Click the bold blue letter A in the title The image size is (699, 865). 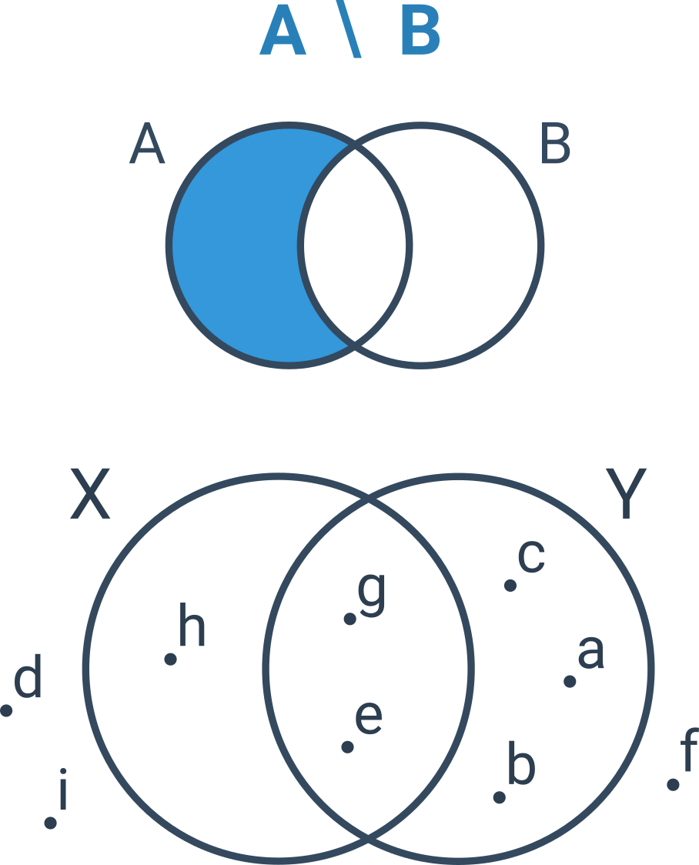pos(283,30)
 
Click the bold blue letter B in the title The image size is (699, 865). pos(420,30)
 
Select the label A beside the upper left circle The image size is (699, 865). pos(147,143)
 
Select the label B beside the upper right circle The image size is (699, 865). pos(555,143)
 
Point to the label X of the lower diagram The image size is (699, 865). pos(91,494)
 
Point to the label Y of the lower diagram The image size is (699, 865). pos(626,493)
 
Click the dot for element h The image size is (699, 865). pos(170,659)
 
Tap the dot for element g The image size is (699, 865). pos(349,619)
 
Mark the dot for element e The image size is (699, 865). pos(347,747)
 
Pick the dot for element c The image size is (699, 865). pos(510,586)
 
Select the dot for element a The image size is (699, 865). pos(570,683)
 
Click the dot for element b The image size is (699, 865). pos(500,798)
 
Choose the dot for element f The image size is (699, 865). pos(673,784)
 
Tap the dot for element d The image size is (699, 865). pos(6,710)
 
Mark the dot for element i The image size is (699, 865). pos(50,823)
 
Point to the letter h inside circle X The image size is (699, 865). pos(192,624)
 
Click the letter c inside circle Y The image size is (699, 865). pos(531,556)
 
